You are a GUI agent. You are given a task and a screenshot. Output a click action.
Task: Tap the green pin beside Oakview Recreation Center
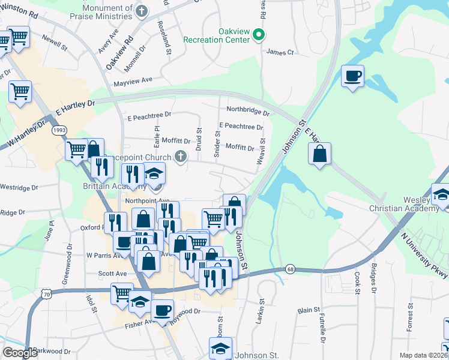coord(259,35)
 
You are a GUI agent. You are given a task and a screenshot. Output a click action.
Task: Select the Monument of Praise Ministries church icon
coord(142,11)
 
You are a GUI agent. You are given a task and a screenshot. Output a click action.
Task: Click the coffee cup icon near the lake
coord(352,76)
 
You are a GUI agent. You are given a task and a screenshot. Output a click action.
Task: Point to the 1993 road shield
coord(59,130)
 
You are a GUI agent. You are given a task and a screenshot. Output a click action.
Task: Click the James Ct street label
coord(280,53)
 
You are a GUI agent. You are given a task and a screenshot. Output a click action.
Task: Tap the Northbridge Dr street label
coord(247,110)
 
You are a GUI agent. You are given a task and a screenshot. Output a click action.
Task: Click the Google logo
coord(20,353)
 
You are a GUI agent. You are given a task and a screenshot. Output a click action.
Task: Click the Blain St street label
coord(309,310)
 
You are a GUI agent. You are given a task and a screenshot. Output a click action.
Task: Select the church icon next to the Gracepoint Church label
coord(179,157)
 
